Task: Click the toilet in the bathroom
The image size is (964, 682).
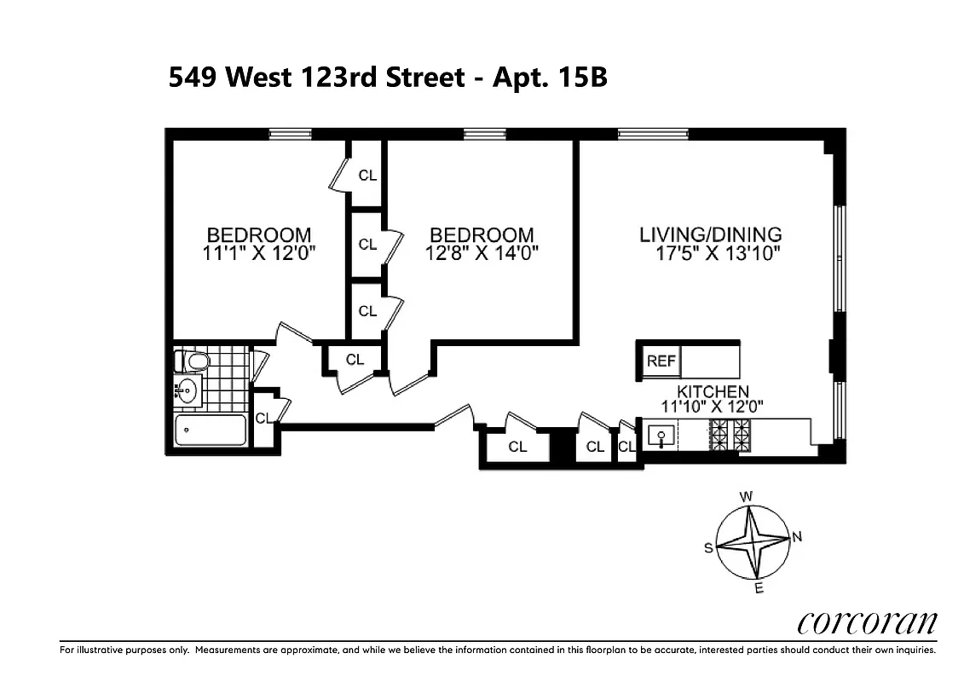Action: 195,362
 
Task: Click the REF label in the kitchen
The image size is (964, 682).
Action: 661,361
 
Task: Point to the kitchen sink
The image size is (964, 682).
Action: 661,436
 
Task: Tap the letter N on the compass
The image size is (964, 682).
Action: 797,536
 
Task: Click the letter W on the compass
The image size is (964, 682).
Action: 745,496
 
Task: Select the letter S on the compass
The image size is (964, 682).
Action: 707,549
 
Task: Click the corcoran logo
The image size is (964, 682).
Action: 867,623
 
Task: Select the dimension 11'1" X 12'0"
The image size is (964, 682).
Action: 259,253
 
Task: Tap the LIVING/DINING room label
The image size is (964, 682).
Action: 710,234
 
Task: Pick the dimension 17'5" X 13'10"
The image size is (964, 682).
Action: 718,253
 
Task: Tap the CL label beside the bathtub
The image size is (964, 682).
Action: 263,418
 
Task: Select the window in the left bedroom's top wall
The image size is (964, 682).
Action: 290,133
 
